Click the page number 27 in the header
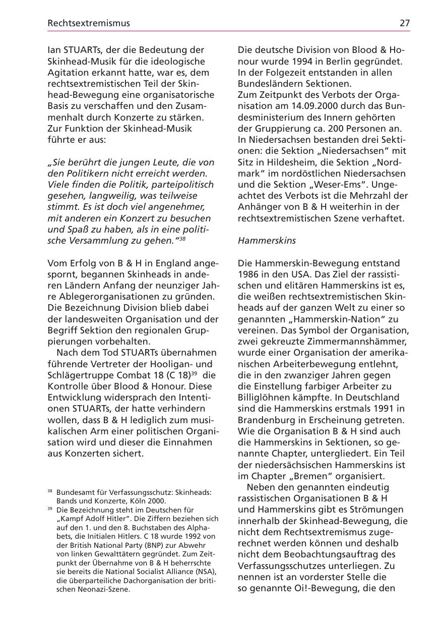tap(404, 23)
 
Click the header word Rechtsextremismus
tap(88, 23)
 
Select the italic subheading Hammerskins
tap(267, 241)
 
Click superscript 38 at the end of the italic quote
tap(182, 239)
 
